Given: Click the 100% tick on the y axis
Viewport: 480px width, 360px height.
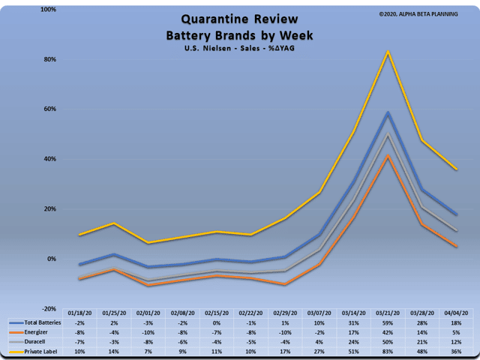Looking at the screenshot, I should click(x=46, y=10).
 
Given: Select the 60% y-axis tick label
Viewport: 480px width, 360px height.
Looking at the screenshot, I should click(x=48, y=109).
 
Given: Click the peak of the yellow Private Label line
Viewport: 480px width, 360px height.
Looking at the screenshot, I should click(x=388, y=52).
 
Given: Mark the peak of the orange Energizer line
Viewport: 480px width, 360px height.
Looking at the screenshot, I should click(x=388, y=156).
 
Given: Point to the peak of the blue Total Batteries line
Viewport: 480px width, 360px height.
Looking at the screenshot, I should click(x=388, y=112).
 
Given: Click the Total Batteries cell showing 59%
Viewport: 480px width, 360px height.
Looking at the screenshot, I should click(x=388, y=322).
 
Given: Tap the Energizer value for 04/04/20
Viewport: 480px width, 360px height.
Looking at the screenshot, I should click(x=455, y=331).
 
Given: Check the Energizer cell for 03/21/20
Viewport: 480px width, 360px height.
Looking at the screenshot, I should click(x=388, y=331).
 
